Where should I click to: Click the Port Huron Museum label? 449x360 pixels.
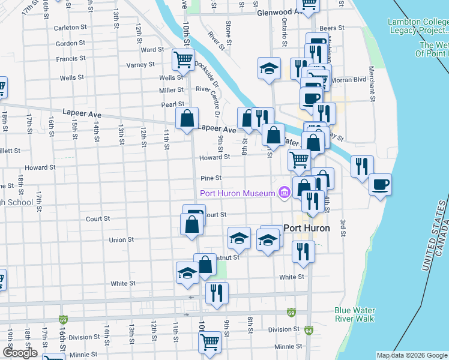click(x=237, y=193)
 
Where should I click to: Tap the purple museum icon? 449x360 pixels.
click(x=284, y=193)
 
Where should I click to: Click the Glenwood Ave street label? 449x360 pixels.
click(x=277, y=12)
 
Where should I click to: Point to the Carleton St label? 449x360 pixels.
click(x=67, y=28)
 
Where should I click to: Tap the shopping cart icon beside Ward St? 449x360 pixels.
click(x=183, y=59)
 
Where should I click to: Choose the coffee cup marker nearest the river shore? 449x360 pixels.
click(x=379, y=184)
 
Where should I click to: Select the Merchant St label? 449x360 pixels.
click(x=373, y=89)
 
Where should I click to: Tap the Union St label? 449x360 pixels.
click(x=121, y=239)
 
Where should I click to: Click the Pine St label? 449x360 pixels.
click(x=211, y=178)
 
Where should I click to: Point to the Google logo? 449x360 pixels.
click(x=20, y=353)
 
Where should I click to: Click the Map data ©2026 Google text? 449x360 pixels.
click(x=411, y=355)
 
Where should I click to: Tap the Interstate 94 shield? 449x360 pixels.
click(x=309, y=330)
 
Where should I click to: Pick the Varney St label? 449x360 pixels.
click(x=140, y=64)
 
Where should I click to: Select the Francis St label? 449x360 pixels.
click(x=70, y=59)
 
